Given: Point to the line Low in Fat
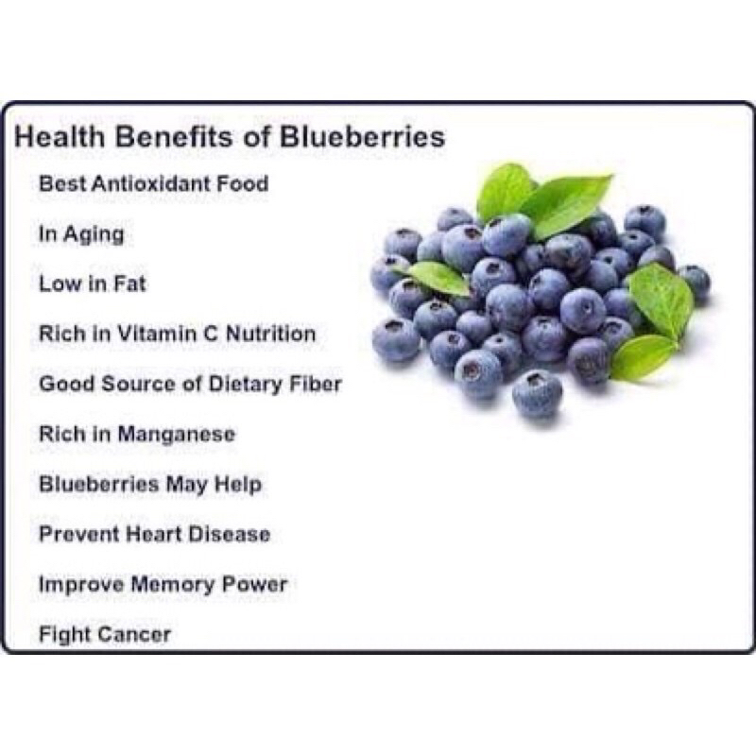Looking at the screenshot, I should point(93,283).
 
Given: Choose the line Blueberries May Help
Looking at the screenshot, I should point(150,485).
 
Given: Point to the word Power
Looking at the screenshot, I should point(254,584).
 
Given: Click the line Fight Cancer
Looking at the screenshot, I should point(105,634).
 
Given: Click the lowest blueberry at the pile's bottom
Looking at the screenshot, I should point(537,393).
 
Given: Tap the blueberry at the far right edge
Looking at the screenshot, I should point(695,283).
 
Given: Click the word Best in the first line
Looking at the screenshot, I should point(60,183).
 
